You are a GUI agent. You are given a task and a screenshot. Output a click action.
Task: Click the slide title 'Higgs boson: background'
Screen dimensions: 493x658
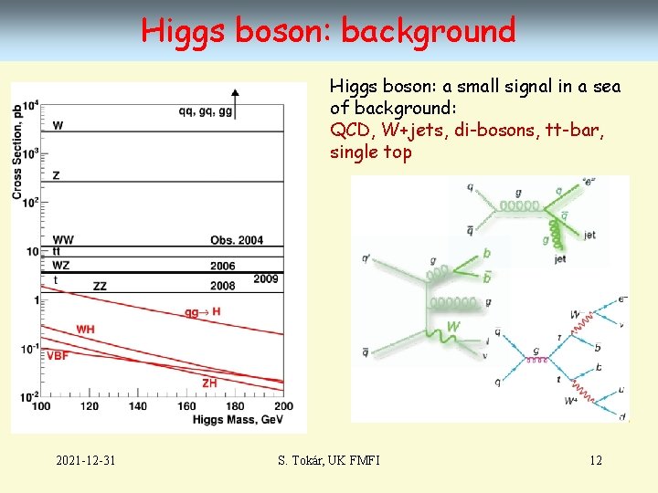coord(328,30)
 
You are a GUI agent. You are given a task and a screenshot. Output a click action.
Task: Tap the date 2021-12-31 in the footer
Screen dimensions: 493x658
coord(85,459)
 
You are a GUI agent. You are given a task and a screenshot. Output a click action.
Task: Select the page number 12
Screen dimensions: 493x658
coord(595,459)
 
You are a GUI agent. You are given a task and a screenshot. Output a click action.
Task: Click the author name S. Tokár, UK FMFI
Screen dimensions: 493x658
coord(328,459)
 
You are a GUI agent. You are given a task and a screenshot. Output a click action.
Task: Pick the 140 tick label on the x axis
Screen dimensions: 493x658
coord(139,405)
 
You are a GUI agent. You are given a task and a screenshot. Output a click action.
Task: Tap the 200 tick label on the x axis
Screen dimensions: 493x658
coord(283,405)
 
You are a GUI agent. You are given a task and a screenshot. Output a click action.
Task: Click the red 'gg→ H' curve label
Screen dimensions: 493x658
coord(203,312)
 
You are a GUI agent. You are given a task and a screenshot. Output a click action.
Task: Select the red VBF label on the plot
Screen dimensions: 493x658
coord(58,355)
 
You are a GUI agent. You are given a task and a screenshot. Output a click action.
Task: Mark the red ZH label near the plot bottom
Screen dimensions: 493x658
coord(209,383)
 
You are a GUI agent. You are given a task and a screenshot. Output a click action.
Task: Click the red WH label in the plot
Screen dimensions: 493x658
coord(85,329)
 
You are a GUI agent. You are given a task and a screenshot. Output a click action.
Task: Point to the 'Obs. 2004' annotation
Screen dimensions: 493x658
coord(236,240)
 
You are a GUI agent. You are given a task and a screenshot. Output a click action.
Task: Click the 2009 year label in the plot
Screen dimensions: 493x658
coord(266,278)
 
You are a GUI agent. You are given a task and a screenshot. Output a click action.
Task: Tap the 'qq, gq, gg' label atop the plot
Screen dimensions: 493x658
coord(206,111)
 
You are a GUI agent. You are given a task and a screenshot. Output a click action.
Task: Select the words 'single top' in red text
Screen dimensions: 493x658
coord(371,152)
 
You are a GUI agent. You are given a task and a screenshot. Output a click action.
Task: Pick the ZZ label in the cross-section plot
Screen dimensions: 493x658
coord(100,286)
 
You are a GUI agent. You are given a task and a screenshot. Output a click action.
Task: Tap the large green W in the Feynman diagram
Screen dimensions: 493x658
coord(452,326)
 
